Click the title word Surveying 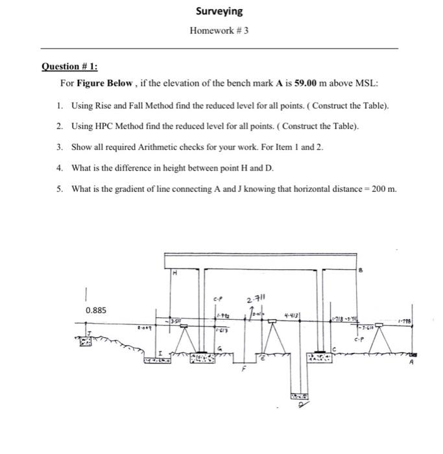pyautogui.click(x=219, y=11)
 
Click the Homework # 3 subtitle pyautogui.click(x=219, y=30)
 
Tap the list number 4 pyautogui.click(x=59, y=168)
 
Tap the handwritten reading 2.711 pyautogui.click(x=257, y=299)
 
